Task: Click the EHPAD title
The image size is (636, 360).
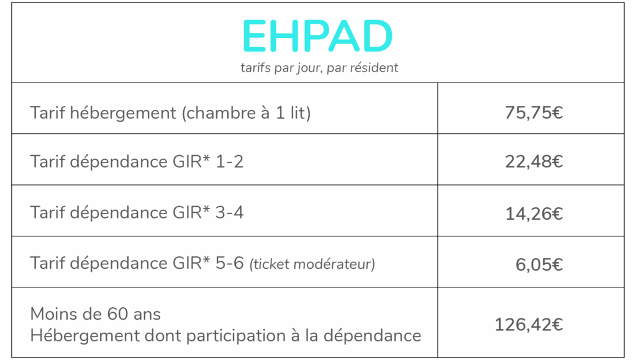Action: [317, 36]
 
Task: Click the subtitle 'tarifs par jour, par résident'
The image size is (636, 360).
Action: [319, 68]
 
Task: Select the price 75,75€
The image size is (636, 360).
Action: [534, 113]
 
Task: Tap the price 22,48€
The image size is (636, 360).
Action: [534, 162]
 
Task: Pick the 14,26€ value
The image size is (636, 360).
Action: [534, 214]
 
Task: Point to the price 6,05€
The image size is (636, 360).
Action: [539, 265]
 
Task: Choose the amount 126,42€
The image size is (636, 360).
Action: [529, 325]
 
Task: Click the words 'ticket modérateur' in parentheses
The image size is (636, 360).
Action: [312, 264]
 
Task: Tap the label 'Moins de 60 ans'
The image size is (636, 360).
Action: [95, 314]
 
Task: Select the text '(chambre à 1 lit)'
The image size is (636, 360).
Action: [246, 113]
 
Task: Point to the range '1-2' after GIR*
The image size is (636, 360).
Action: [230, 162]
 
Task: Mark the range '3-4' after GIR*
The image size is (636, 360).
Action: [230, 212]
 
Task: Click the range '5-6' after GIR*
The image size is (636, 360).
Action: [230, 263]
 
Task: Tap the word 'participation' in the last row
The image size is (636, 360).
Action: [236, 336]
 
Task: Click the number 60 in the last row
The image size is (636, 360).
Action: [117, 314]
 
